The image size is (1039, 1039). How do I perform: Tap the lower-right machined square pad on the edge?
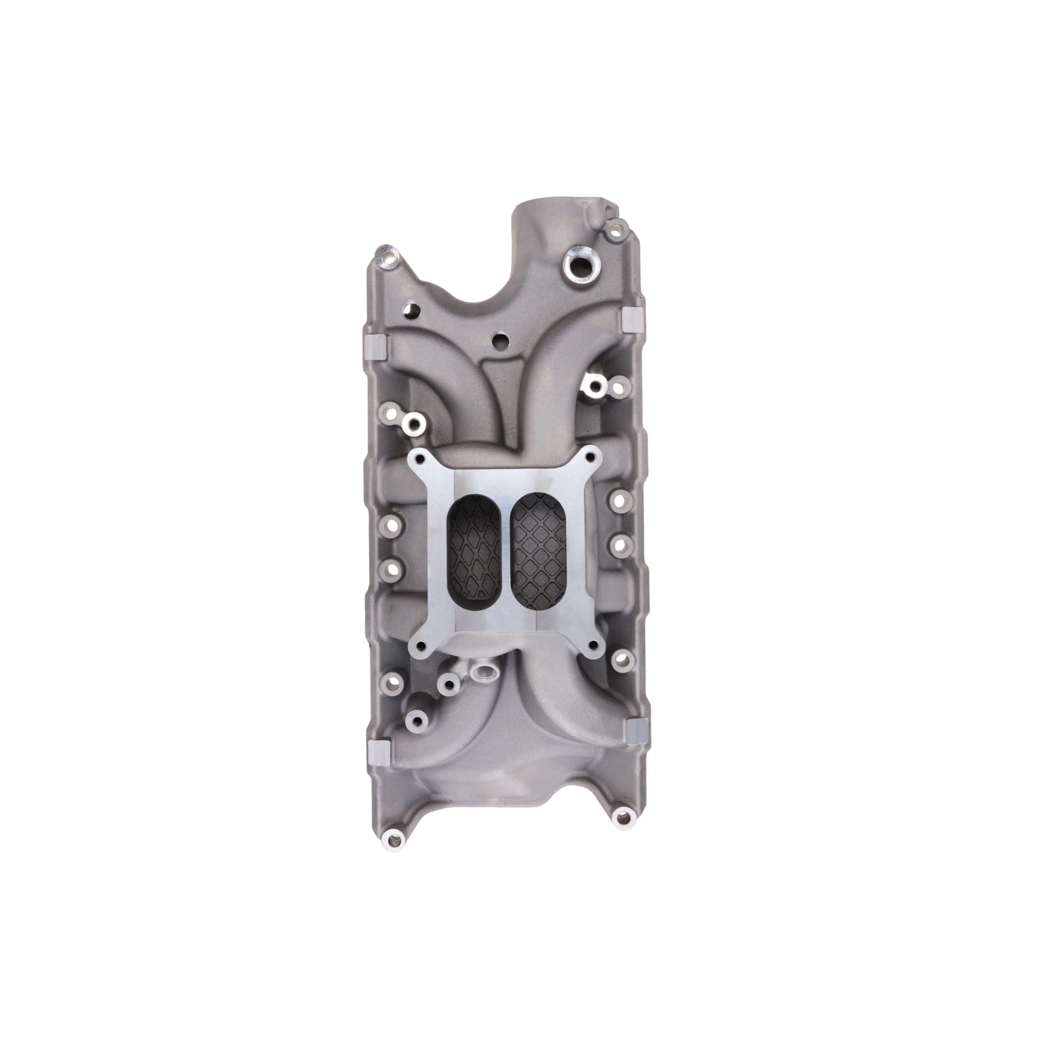(x=636, y=730)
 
